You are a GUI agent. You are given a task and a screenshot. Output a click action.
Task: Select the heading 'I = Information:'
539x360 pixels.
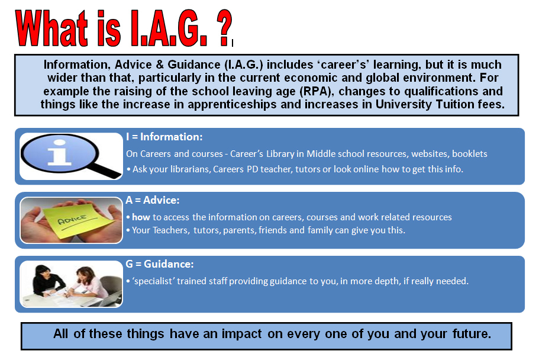click(164, 137)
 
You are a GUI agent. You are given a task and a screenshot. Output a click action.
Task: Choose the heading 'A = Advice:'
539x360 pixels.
click(153, 201)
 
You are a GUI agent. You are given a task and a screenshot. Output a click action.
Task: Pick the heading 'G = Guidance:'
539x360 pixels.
click(160, 264)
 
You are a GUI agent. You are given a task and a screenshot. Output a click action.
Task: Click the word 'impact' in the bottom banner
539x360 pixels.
click(243, 333)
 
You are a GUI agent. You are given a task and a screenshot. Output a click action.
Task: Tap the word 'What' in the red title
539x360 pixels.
click(57, 28)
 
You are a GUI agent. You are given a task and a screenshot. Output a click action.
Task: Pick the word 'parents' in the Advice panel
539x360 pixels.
click(240, 230)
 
